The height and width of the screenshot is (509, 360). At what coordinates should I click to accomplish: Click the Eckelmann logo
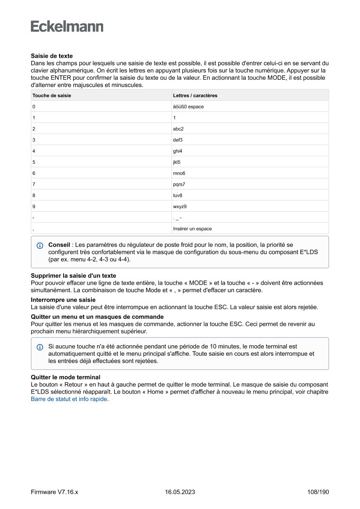67,27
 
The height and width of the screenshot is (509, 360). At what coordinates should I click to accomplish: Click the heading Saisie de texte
51,56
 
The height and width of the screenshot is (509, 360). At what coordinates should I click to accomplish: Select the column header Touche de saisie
51,95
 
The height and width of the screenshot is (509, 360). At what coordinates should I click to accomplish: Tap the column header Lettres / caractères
195,95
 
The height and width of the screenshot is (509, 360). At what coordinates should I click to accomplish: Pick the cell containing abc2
178,129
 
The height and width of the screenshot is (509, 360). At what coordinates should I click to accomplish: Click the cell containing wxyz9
180,206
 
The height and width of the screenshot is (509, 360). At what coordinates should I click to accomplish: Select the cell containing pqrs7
179,184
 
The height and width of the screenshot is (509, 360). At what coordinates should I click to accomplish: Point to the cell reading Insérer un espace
192,229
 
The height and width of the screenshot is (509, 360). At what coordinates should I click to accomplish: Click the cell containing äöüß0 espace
188,107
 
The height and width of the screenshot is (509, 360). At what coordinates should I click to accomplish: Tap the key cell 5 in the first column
34,162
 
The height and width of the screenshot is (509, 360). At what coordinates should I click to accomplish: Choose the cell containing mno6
179,173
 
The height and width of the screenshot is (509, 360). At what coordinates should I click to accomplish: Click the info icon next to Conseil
40,246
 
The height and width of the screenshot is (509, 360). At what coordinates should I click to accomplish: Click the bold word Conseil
59,245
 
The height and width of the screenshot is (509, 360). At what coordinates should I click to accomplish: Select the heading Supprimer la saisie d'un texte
73,276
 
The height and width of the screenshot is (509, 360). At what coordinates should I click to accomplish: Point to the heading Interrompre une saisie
63,300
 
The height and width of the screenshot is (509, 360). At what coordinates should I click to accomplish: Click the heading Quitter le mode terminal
65,377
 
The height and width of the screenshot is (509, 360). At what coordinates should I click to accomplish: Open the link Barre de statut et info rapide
69,399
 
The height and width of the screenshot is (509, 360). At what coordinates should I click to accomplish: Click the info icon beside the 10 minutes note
40,347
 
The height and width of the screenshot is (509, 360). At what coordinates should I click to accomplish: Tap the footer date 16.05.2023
180,492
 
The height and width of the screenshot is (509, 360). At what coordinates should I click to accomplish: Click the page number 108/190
318,492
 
